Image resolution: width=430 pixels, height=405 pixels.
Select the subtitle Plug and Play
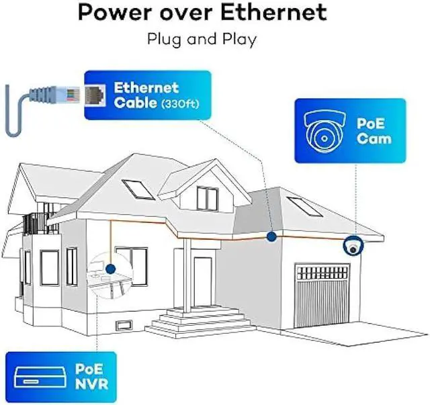[x=202, y=38]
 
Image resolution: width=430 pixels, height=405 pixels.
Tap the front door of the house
[x=203, y=277]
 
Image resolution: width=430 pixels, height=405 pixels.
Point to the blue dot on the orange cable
[x=271, y=236]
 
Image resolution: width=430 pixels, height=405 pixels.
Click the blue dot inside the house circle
[x=110, y=269]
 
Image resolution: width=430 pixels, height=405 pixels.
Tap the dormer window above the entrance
[x=207, y=197]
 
